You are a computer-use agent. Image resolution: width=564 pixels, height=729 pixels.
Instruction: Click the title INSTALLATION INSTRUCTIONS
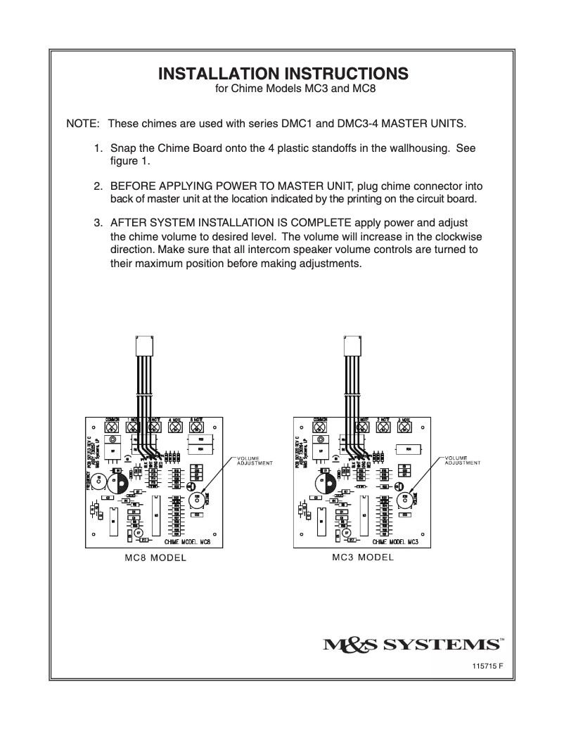coord(282,74)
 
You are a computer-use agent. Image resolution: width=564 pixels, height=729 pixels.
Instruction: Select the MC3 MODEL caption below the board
coord(362,557)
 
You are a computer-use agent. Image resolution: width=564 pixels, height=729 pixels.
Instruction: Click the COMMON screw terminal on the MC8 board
coord(112,427)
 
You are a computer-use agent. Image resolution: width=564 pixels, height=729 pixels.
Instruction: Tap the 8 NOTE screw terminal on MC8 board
coord(198,427)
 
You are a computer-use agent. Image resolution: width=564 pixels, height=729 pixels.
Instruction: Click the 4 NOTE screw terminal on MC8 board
coord(176,427)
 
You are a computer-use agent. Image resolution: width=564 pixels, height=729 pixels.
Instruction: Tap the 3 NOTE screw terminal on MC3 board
coord(404,427)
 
